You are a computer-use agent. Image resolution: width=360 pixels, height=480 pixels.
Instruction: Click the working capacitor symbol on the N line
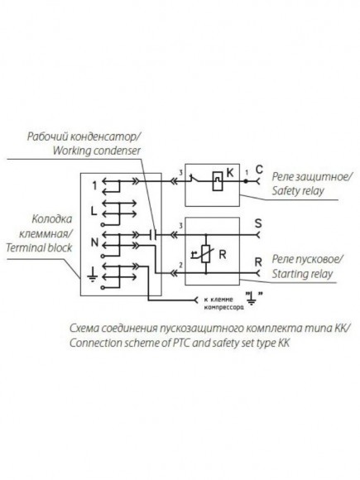coord(154,235)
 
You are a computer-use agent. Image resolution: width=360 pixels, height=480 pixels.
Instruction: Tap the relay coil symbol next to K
coord(218,181)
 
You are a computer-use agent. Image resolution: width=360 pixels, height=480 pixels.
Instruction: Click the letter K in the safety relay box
coord(229,173)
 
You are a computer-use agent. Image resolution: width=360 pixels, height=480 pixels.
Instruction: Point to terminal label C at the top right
coord(259,170)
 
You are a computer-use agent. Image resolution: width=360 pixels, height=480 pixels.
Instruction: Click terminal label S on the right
coord(258,223)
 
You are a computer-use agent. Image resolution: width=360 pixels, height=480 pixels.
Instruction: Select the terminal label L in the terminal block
coord(94,210)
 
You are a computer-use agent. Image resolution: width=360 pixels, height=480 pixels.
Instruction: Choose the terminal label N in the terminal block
coord(94,242)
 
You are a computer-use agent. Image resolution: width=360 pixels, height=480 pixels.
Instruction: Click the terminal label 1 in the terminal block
coord(95,185)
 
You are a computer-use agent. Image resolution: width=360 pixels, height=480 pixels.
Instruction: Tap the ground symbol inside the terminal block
coord(92,274)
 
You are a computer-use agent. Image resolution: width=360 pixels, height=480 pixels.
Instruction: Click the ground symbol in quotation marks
coord(252,298)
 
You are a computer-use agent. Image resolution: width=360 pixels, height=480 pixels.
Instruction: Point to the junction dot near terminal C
coord(246,181)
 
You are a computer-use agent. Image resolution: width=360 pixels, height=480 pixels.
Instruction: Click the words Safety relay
coord(298,191)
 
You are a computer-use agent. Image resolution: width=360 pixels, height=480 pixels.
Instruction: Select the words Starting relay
coord(302,274)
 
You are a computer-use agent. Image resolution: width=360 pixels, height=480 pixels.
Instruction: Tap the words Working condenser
coord(97,151)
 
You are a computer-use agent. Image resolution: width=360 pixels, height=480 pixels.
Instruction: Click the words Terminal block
coord(39,247)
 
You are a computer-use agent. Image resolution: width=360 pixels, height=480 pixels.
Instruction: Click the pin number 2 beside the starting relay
coord(181,265)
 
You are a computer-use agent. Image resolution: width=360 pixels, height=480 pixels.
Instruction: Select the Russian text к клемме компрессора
coord(223,303)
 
